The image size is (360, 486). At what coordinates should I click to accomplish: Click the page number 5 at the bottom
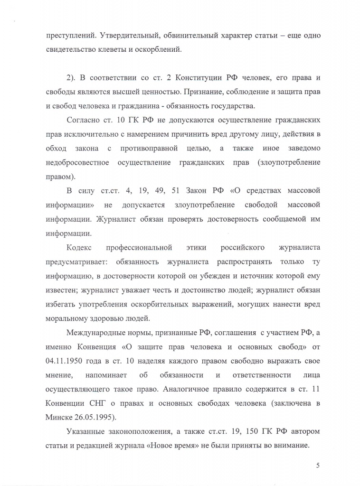[x=317, y=465]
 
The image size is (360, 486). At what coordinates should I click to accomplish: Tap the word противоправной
[x=150, y=148]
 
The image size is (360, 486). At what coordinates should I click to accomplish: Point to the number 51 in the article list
[x=185, y=191]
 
